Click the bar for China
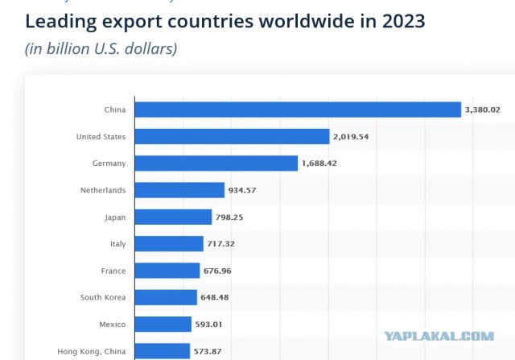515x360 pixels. click(298, 110)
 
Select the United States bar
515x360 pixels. click(233, 136)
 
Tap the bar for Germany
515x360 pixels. click(216, 163)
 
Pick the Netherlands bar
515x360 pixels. click(179, 190)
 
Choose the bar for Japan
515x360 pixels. click(174, 217)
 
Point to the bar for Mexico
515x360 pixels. click(163, 325)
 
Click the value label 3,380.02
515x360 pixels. click(483, 110)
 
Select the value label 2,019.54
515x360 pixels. click(351, 137)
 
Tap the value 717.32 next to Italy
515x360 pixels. click(221, 244)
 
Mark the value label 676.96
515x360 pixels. click(217, 271)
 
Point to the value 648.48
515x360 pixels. click(215, 297)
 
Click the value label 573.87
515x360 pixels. click(208, 351)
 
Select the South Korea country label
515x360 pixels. click(103, 297)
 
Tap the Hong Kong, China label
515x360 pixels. click(92, 352)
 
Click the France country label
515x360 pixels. click(113, 271)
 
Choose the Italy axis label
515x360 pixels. click(118, 244)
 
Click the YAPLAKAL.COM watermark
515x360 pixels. click(439, 336)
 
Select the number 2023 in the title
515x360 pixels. click(404, 21)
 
